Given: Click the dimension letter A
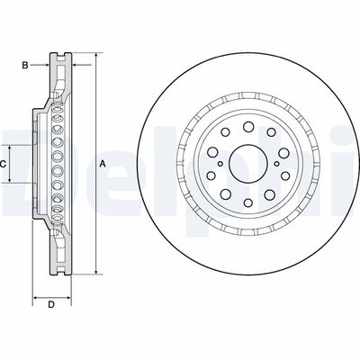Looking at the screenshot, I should coord(103,163).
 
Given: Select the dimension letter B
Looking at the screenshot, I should coord(26,65).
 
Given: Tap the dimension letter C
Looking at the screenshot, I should coord(4,163).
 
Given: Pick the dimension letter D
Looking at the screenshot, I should coord(51,305).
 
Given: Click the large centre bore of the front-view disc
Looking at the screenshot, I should coord(242,163).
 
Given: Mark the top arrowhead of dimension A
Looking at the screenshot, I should coord(94,56).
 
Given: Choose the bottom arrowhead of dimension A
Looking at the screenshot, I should coord(94,271).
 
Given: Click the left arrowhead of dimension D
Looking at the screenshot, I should coord(34,295).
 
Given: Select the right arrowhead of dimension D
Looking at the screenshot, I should coord(68,295).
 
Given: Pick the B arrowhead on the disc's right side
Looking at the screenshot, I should coord(74,65).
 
